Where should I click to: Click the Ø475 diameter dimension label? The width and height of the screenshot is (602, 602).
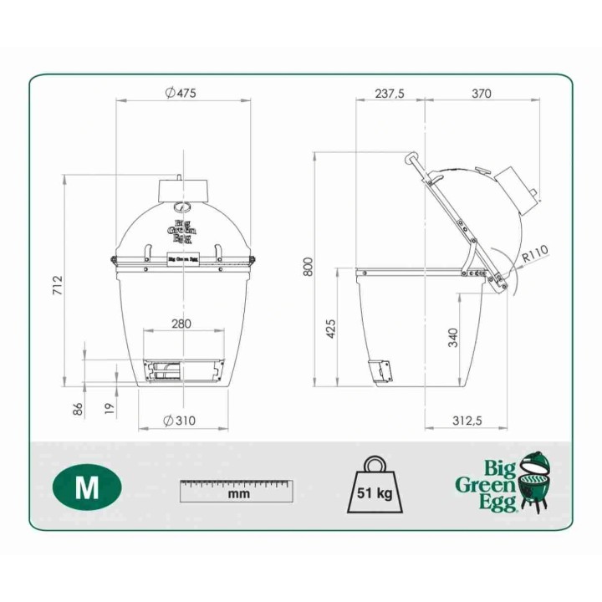point(181,93)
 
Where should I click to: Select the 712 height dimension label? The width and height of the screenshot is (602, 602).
point(58,285)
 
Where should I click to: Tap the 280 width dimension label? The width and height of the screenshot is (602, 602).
point(181,324)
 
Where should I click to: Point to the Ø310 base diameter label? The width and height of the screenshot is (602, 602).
point(179,421)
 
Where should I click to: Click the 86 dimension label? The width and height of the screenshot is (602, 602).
point(78,409)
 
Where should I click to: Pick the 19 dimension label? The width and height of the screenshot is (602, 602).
point(110,408)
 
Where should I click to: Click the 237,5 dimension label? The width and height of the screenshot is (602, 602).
point(390,94)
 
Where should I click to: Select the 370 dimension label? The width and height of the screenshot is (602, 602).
point(481,94)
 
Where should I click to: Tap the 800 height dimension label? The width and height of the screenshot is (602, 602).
point(308,267)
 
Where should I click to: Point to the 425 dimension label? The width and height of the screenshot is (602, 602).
point(330,329)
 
